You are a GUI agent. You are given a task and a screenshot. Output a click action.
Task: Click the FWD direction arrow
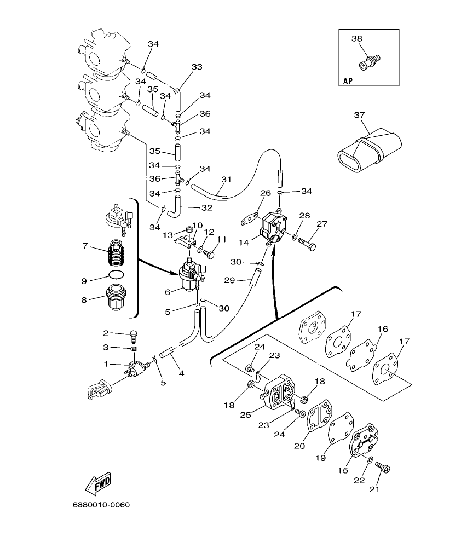(x=99, y=483)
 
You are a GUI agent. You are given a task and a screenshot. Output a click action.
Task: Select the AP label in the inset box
(x=348, y=80)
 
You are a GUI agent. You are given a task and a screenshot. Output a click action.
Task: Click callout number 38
(x=356, y=39)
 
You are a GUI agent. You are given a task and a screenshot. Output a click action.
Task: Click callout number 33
(x=197, y=67)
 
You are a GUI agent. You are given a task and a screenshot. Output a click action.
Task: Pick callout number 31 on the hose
(x=226, y=179)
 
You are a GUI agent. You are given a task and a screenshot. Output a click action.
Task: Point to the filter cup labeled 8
(x=116, y=298)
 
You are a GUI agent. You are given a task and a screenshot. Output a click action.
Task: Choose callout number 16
(x=382, y=329)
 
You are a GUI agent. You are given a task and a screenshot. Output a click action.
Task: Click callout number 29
(x=229, y=281)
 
